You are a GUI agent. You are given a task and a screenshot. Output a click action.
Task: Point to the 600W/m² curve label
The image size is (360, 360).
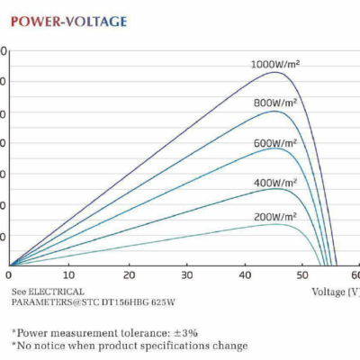[x=278, y=143]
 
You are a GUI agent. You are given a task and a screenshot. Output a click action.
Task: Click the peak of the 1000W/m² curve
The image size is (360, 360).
[x=274, y=72]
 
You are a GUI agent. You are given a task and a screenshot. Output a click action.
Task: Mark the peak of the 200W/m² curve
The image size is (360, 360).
[x=279, y=223]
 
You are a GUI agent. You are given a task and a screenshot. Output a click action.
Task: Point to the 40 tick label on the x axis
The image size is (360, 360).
[x=247, y=274]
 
